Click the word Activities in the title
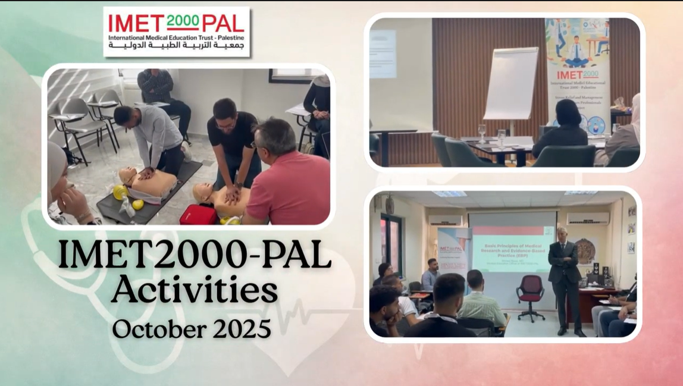[x=195, y=291]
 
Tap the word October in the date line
[x=154, y=328]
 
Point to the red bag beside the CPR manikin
[x=198, y=215]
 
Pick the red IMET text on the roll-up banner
[x=577, y=76]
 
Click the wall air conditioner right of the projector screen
[x=587, y=218]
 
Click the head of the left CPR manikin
[x=127, y=175]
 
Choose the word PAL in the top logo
[x=222, y=23]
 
